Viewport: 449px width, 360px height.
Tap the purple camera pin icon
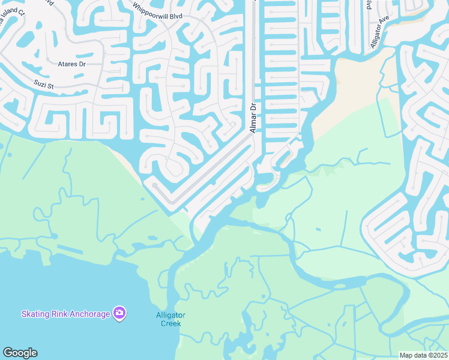coord(120,313)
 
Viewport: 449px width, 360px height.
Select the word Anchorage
coord(89,314)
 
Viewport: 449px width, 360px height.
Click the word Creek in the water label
coord(171,323)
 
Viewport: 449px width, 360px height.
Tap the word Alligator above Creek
coord(171,315)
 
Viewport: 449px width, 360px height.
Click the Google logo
coord(20,353)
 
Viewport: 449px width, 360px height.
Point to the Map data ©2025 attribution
coord(424,355)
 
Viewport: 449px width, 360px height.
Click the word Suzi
coord(40,85)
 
